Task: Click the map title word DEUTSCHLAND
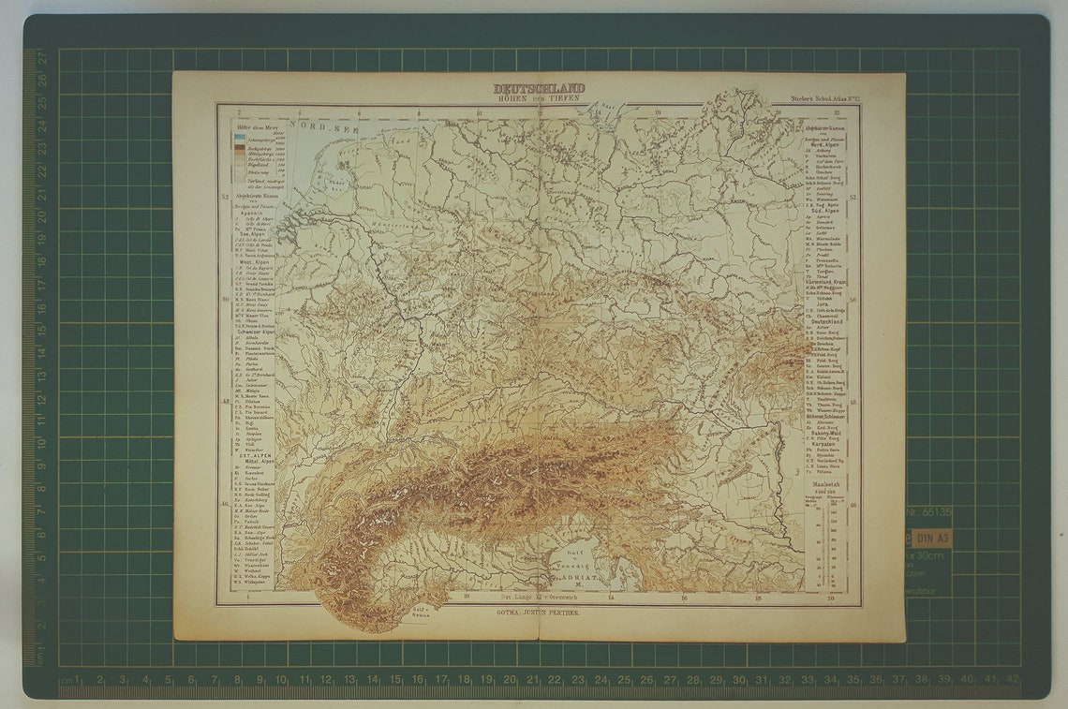pyautogui.click(x=539, y=89)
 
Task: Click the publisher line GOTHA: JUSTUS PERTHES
pyautogui.click(x=538, y=612)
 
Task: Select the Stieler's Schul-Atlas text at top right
pyautogui.click(x=818, y=97)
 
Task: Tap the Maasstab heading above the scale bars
pyautogui.click(x=823, y=483)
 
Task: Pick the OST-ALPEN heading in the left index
pyautogui.click(x=248, y=456)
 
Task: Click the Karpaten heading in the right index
pyautogui.click(x=823, y=441)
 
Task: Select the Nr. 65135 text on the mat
pyautogui.click(x=928, y=512)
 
